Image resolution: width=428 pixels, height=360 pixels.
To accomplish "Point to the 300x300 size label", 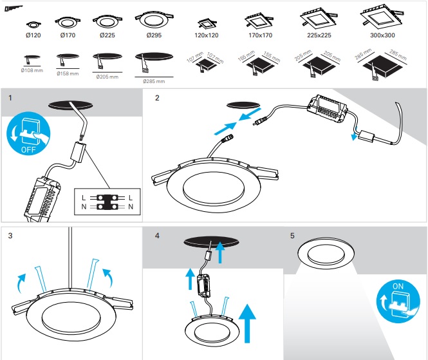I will (383, 34).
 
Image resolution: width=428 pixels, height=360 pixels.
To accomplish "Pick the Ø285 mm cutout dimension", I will (154, 81).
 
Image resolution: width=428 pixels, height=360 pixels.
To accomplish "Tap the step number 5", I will (293, 236).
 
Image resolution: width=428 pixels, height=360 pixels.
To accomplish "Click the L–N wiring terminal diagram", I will (107, 200).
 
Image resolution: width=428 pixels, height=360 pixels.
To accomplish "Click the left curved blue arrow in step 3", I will (21, 281).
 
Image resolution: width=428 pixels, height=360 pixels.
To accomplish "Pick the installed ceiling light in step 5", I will (328, 252).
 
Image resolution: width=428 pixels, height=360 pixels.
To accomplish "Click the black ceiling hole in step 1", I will (70, 104).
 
